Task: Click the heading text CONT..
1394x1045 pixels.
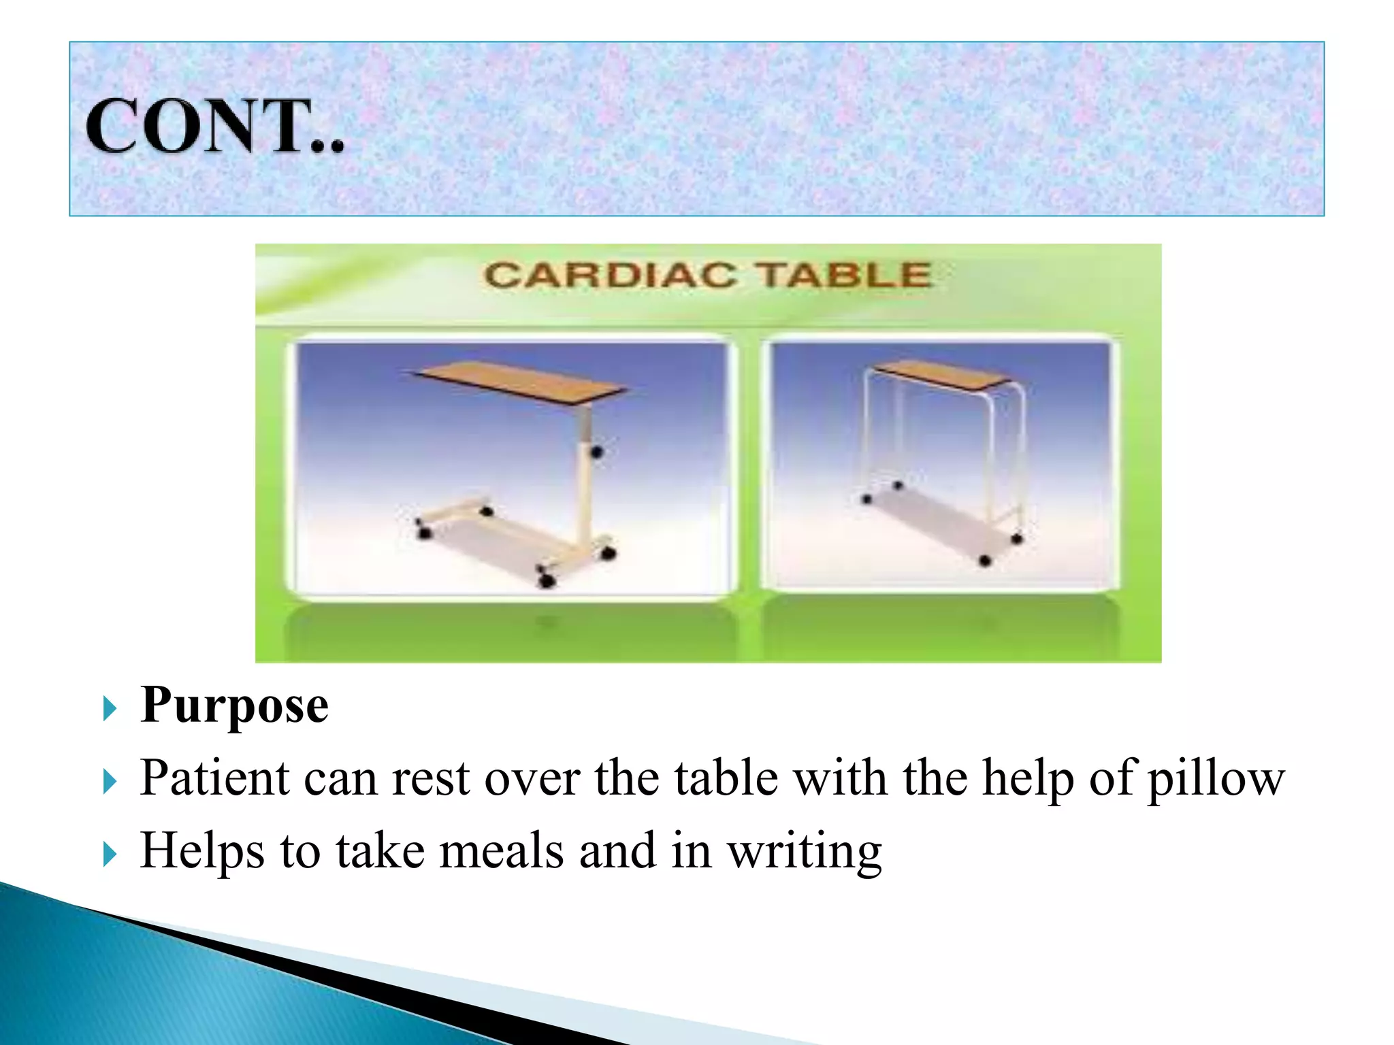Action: click(214, 127)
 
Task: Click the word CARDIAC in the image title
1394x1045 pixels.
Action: click(610, 276)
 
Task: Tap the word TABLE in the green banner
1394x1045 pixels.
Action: click(844, 276)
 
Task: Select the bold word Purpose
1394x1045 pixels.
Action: click(234, 706)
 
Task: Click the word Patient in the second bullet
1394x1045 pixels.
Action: click(214, 778)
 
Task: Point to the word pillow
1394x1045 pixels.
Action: click(1216, 780)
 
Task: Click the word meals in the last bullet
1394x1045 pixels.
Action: click(501, 851)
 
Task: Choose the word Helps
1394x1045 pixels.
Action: click(201, 851)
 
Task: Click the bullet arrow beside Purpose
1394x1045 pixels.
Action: click(110, 709)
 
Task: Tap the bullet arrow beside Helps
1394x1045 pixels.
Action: click(110, 854)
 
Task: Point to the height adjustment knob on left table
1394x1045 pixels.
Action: click(597, 451)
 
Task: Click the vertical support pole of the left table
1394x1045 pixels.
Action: click(584, 476)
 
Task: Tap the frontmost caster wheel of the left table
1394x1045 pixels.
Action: click(547, 580)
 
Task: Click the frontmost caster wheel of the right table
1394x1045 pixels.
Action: click(985, 561)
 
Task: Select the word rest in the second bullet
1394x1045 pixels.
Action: click(430, 778)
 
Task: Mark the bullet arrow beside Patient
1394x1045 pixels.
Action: click(110, 782)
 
